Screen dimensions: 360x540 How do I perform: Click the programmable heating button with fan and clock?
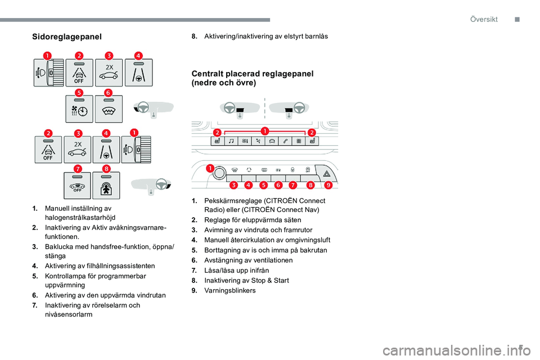pos(79,109)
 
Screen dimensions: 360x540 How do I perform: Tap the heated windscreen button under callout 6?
pos(109,109)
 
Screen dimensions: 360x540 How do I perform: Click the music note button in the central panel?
pos(231,141)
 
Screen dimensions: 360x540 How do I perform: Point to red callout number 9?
pos(327,184)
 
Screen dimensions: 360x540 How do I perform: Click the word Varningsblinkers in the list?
pos(230,291)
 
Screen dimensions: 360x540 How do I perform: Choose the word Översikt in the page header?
pos(484,19)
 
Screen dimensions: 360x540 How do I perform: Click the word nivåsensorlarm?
pos(69,315)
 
